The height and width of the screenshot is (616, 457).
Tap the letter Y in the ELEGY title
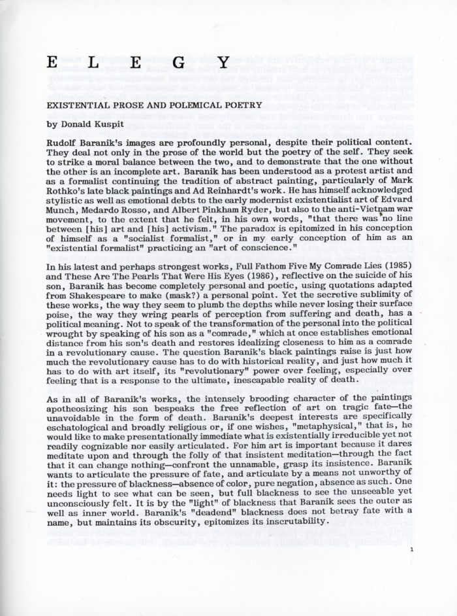pyautogui.click(x=223, y=63)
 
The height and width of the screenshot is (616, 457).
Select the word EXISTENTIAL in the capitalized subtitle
pyautogui.click(x=74, y=105)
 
